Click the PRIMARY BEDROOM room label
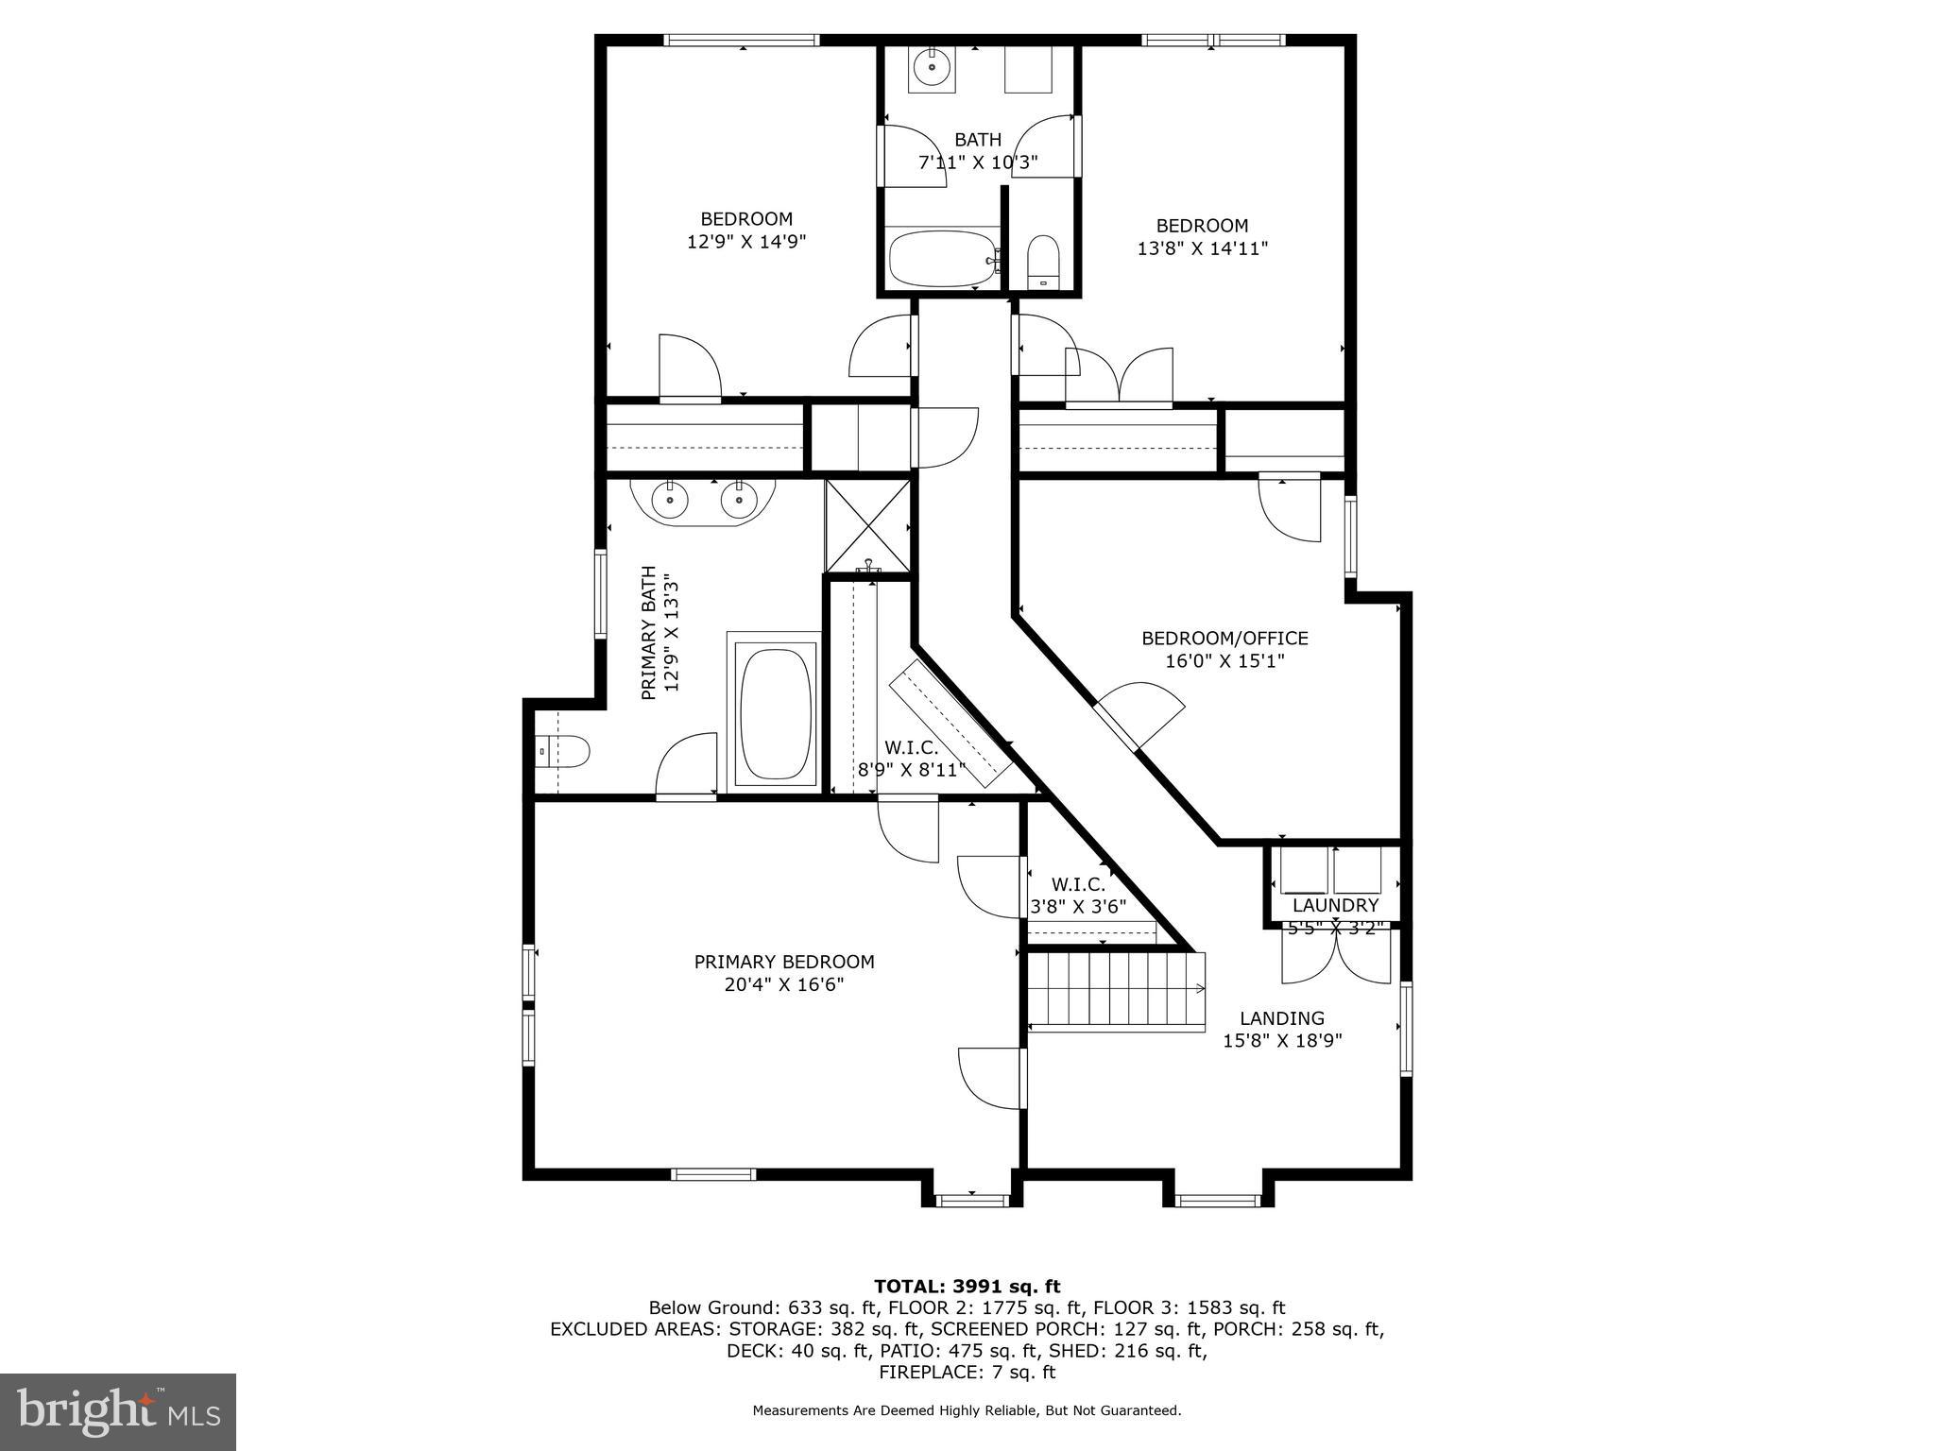coord(784,962)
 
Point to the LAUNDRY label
coord(1335,905)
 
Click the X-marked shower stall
coord(868,525)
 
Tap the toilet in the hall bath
coord(1043,260)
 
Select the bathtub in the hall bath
coord(943,259)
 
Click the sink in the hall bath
coord(933,67)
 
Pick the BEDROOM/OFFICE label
coord(1224,639)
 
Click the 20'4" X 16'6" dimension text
coord(784,985)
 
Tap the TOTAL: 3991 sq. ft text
coord(967,1287)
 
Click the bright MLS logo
coord(118,1412)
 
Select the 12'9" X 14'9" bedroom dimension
coord(745,242)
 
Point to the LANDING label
coord(1281,1018)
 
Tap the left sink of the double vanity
coord(670,499)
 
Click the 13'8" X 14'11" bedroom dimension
coord(1202,248)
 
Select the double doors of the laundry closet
coord(1336,956)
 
